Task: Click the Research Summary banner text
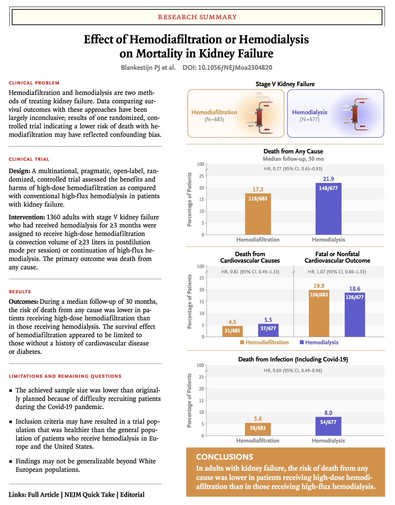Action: (x=197, y=17)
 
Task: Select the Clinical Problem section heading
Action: (x=34, y=82)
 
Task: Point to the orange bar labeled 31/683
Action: (x=232, y=331)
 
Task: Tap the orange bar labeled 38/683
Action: (x=258, y=429)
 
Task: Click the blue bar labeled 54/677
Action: (x=329, y=426)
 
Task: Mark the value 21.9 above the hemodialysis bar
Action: (x=329, y=178)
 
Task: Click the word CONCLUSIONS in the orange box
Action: (x=224, y=457)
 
